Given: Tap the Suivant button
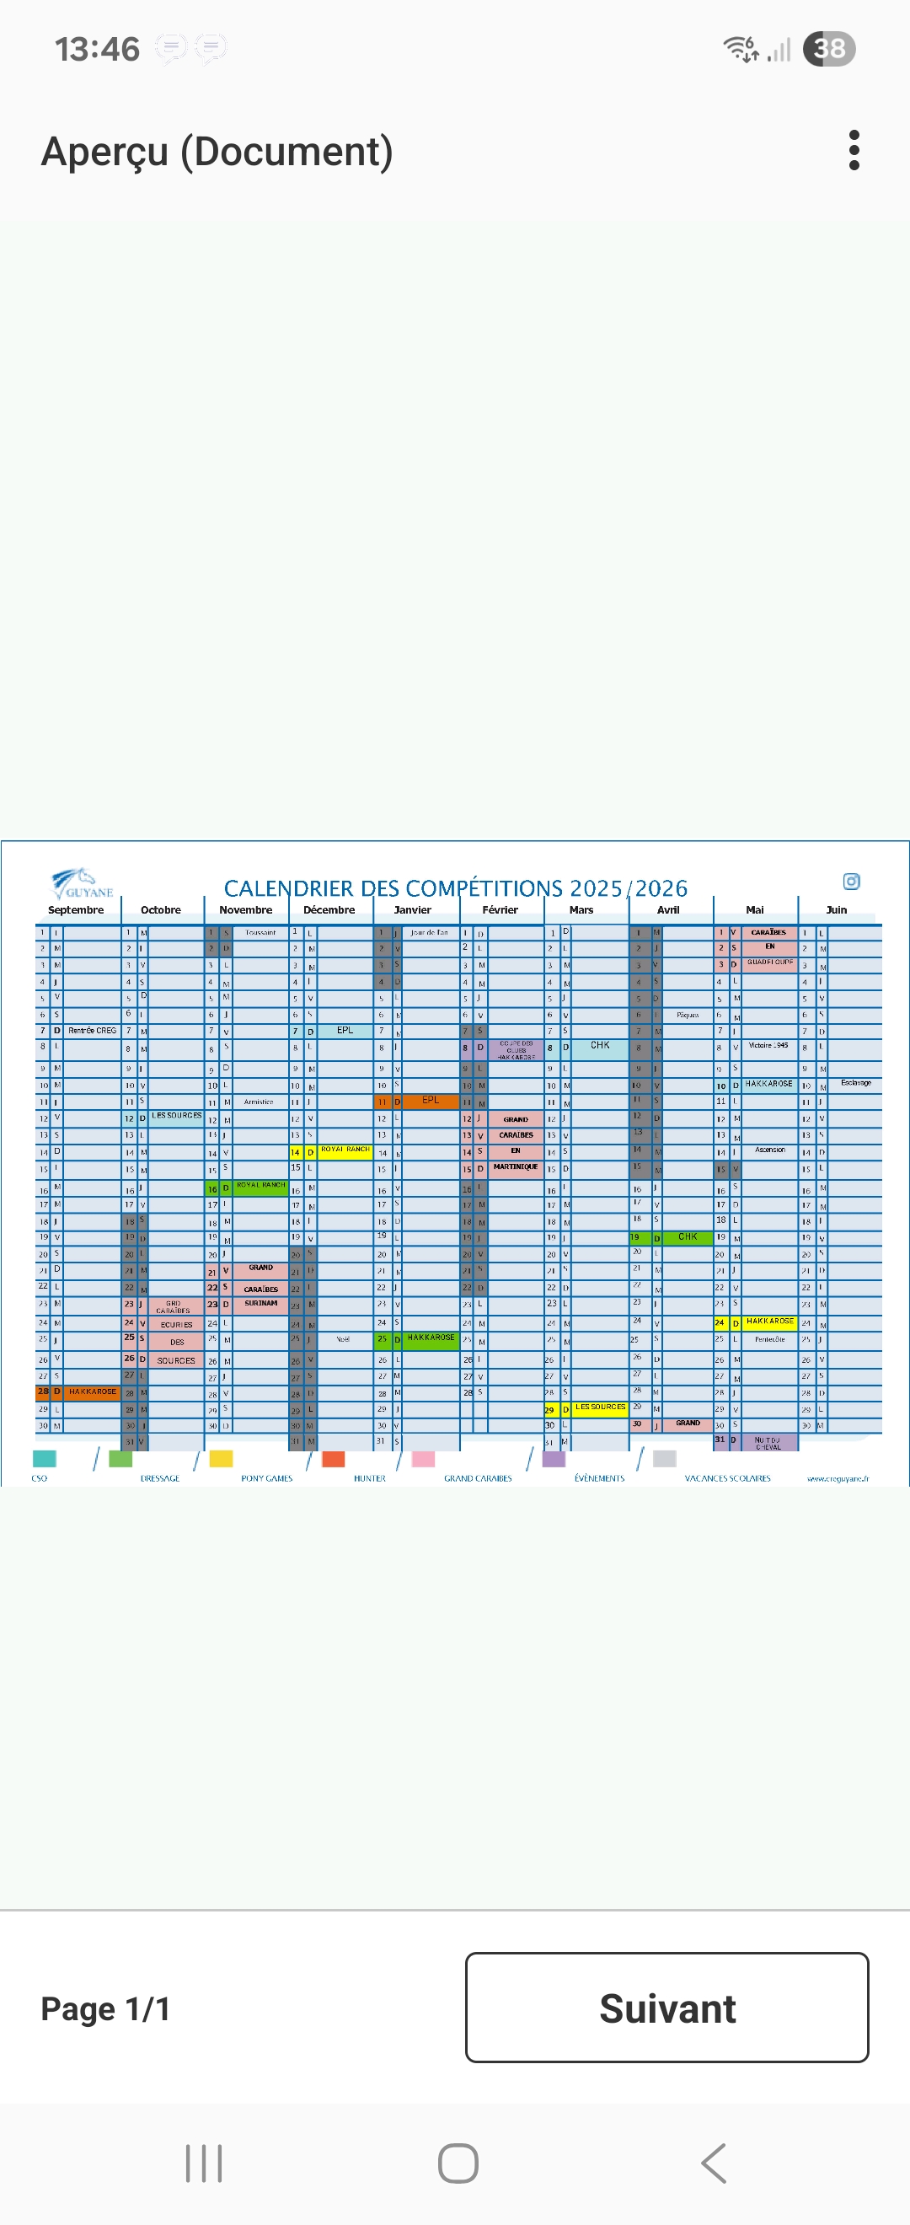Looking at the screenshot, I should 666,2008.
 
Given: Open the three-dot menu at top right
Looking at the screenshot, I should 854,150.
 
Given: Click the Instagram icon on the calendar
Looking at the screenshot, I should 851,881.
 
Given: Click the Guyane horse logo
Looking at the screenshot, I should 81,883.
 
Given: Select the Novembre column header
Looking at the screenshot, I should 245,909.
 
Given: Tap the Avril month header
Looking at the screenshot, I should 667,909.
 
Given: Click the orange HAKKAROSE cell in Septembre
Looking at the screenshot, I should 93,1391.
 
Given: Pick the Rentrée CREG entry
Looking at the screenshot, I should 93,1031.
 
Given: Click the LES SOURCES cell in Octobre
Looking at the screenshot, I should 176,1116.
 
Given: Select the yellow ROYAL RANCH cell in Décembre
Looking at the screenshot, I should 345,1150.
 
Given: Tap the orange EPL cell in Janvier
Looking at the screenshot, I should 430,1101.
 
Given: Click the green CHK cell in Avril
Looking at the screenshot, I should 688,1237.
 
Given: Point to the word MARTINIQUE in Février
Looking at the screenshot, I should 516,1167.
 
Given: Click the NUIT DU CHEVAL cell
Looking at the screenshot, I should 768,1442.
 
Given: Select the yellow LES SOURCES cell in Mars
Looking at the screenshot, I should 600,1407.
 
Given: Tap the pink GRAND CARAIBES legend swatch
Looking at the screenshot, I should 423,1459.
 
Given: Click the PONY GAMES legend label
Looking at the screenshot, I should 267,1479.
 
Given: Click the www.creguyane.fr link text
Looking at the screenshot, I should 838,1479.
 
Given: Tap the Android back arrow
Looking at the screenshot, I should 713,2163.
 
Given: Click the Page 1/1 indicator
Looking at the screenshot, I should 105,2008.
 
